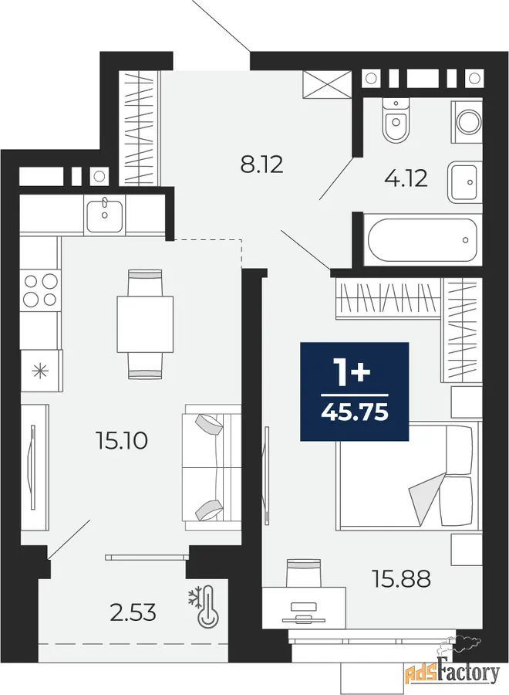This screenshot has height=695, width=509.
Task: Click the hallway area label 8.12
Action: point(261,165)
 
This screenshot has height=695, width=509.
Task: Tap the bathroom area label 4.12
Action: point(406,178)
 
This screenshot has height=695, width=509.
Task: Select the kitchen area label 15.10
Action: point(121,441)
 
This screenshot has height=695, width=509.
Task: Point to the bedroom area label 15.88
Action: point(402,579)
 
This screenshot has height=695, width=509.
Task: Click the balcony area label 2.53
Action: point(133,612)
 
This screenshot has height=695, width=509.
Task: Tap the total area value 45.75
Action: point(355,412)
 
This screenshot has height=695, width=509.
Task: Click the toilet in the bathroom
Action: point(396,120)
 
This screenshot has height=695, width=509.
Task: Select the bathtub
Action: point(423,240)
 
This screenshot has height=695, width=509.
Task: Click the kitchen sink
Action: point(104,215)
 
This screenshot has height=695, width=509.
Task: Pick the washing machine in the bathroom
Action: point(467,121)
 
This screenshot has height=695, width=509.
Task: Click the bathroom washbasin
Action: point(465,182)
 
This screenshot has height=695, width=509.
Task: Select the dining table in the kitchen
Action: point(145,324)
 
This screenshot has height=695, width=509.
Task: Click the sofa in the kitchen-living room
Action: point(211,467)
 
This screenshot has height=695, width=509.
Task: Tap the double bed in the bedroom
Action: point(408,476)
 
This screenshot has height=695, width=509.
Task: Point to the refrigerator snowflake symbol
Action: point(41,371)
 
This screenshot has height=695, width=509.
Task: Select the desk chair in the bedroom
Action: point(303,573)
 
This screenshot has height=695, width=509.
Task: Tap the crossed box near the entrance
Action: point(327,83)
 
